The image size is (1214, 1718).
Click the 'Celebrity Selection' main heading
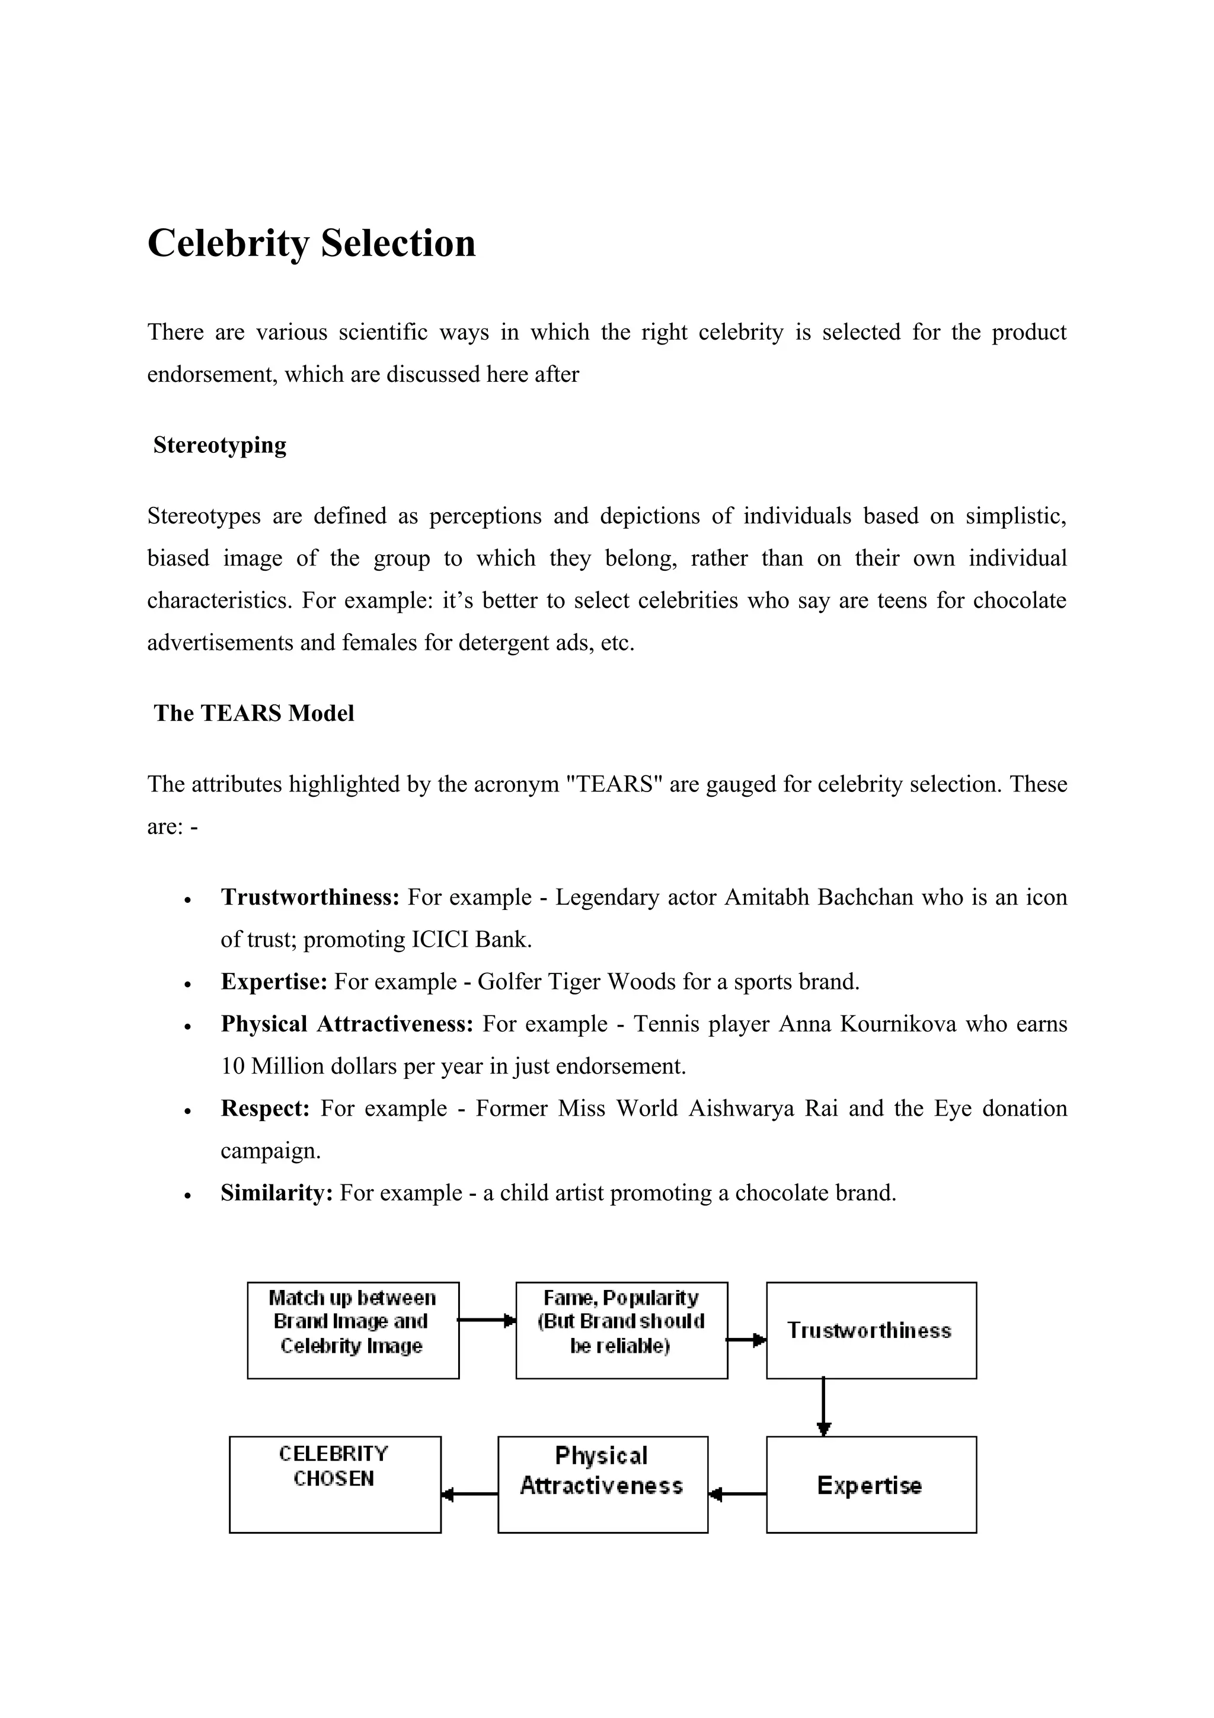click(311, 244)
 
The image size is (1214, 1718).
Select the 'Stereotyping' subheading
click(219, 445)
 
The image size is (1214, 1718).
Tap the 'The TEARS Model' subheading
click(254, 713)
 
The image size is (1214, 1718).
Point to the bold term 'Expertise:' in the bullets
click(274, 982)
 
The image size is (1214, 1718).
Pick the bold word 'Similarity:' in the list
click(276, 1193)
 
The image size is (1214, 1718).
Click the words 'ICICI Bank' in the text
click(471, 940)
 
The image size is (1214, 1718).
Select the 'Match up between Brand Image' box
click(353, 1330)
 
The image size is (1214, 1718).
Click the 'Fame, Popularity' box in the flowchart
click(622, 1330)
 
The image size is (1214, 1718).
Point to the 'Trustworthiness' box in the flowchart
click(871, 1330)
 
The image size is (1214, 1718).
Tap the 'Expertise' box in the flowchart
click(871, 1484)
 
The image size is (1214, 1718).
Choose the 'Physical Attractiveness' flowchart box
click(603, 1484)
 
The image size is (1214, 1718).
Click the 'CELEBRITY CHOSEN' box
click(335, 1484)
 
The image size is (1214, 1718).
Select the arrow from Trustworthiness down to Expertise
click(823, 1407)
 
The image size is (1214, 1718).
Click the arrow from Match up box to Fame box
click(487, 1321)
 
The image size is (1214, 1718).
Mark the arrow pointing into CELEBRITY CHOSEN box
click(469, 1495)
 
